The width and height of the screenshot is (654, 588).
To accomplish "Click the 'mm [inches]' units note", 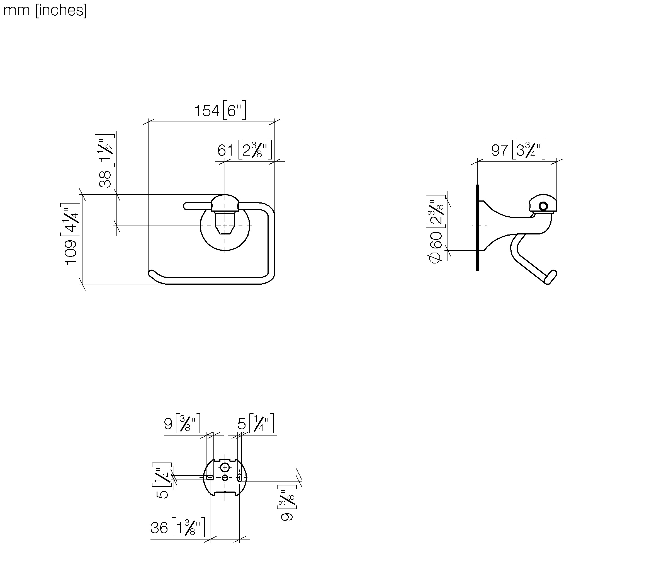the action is [x=45, y=10].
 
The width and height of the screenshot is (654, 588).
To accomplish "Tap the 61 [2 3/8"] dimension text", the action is [x=244, y=150].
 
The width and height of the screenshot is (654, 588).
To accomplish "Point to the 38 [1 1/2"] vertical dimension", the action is [x=105, y=161].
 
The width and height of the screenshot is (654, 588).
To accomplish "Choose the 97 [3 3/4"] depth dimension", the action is [x=518, y=150].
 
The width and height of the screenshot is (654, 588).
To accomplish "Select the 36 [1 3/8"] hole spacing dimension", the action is [x=178, y=527].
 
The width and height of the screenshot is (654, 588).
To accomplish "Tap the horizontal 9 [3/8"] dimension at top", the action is [x=182, y=424].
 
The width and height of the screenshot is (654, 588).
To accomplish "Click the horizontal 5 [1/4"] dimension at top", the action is [x=256, y=424].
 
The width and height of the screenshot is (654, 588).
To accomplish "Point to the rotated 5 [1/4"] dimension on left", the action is [x=162, y=480].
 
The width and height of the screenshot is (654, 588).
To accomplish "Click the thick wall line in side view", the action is [x=477, y=228].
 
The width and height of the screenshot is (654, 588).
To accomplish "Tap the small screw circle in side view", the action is [x=543, y=206].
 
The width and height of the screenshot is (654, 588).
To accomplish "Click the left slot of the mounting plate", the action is [x=210, y=478].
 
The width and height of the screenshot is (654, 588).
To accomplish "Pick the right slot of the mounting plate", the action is [x=240, y=478].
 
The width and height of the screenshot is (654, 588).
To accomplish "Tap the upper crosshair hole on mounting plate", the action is [x=225, y=467].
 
